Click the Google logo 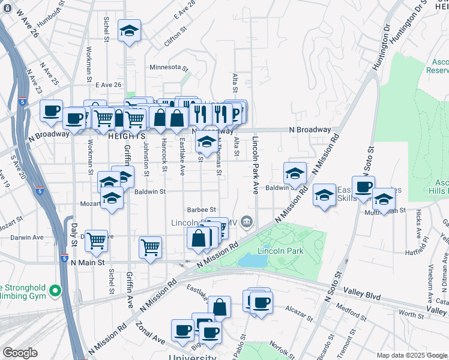(x=20, y=353)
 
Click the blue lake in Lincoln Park (x=253, y=260)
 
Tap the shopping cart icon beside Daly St (x=96, y=241)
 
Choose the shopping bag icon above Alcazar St (x=220, y=307)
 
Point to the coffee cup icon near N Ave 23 (x=52, y=110)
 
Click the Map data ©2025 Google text (x=412, y=355)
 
